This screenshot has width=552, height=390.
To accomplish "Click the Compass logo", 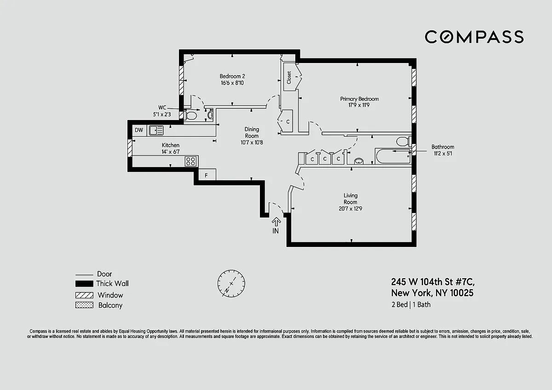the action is click(474, 37).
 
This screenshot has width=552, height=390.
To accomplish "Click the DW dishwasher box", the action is click(139, 130).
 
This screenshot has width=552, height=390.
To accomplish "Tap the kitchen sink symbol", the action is click(156, 130).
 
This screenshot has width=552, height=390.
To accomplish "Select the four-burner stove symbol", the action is click(191, 161).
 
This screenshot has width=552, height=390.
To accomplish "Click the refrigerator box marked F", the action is click(207, 175).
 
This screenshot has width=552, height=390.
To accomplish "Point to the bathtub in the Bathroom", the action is click(393, 156).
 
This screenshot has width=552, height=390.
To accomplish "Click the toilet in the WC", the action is click(190, 115).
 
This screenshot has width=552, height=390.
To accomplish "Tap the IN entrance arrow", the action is click(276, 222).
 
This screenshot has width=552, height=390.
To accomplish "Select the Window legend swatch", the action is click(84, 295).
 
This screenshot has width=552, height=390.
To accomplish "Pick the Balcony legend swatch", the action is click(84, 305).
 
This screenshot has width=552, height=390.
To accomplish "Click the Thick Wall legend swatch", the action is click(84, 284).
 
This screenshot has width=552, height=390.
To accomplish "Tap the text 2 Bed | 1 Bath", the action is click(411, 305).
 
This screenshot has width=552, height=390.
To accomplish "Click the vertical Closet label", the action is click(289, 77).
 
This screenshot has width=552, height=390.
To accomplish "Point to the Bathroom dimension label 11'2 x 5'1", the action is click(443, 154).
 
